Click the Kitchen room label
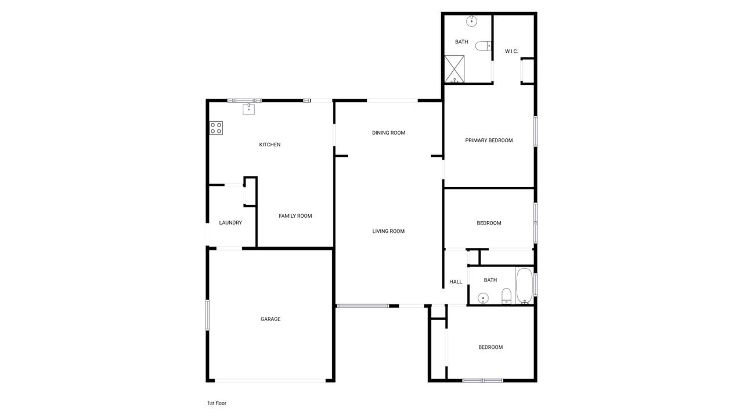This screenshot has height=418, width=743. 269,145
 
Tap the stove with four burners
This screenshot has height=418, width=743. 216,128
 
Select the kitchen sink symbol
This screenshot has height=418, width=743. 249,109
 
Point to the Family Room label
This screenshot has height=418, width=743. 295,216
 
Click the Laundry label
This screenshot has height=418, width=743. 230,223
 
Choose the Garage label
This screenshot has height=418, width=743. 270,319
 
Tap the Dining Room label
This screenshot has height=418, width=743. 388,133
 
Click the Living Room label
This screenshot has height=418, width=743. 388,232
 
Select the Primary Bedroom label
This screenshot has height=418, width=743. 489,140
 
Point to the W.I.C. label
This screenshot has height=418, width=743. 511,52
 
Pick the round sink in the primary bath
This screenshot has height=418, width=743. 471,21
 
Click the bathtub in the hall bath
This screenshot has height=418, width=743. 524,286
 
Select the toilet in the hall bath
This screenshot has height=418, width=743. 506,296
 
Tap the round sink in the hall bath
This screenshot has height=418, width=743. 482,298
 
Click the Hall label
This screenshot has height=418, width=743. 456,282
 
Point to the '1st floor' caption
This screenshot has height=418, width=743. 217,403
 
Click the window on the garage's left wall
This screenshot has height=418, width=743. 207,315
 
